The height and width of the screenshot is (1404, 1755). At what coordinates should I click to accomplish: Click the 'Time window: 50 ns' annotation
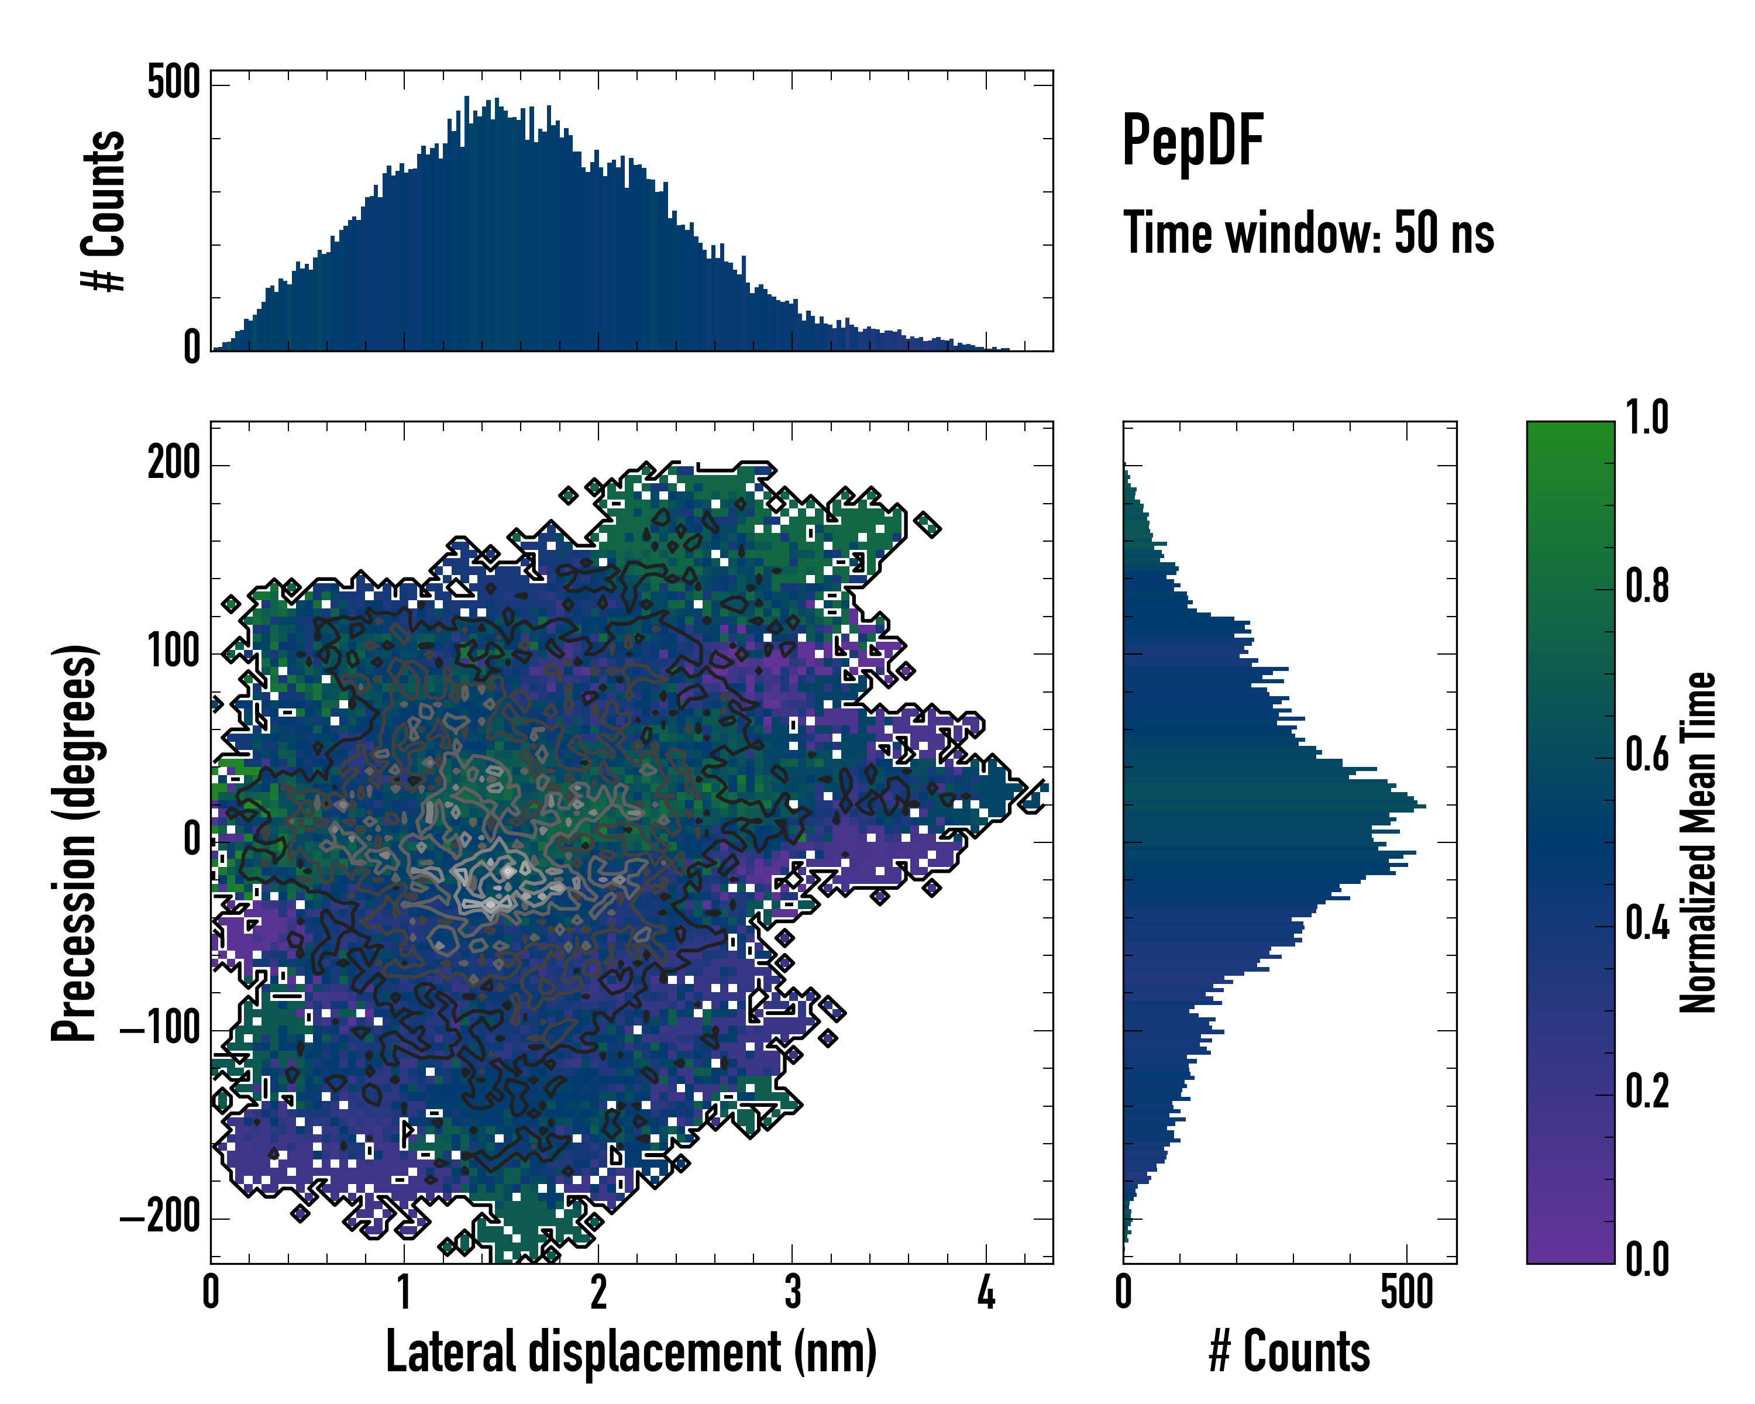pos(1308,233)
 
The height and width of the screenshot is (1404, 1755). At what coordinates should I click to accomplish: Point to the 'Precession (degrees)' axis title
pos(74,842)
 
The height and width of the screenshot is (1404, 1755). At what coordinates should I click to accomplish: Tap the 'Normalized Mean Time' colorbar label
pos(1698,842)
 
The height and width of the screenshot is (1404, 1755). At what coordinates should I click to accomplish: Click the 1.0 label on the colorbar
pos(1647,418)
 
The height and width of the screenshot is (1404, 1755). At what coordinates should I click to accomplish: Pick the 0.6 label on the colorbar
pos(1647,755)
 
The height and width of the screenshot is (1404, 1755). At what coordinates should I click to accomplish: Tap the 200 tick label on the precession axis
pos(173,464)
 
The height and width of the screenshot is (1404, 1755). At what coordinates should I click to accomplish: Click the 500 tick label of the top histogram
pos(173,83)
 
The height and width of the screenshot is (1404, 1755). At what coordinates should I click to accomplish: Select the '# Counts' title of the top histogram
pos(104,211)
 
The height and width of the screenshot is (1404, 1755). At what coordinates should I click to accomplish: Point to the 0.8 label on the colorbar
pos(1647,586)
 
